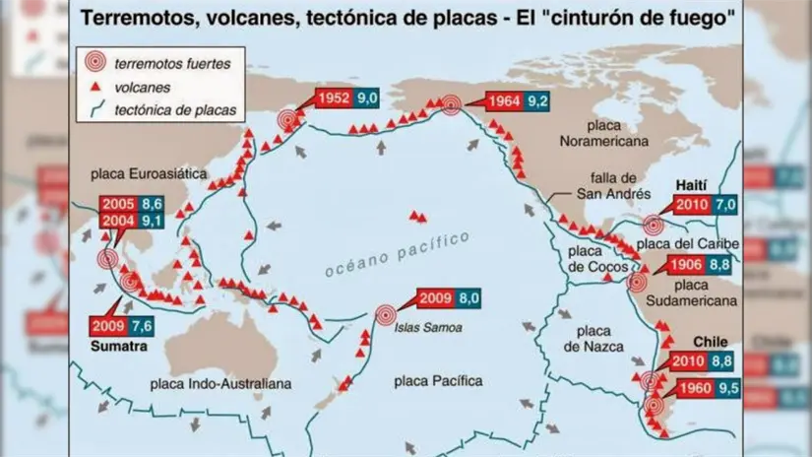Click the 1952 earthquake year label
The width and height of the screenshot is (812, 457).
tap(334, 98)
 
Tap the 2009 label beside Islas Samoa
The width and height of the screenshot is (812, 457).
tap(435, 298)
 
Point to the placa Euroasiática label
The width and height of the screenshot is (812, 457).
tap(149, 173)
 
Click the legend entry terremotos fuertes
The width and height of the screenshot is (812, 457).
tap(173, 64)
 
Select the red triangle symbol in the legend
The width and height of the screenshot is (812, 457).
tap(95, 87)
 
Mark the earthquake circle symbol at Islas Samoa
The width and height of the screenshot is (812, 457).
tap(386, 315)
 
